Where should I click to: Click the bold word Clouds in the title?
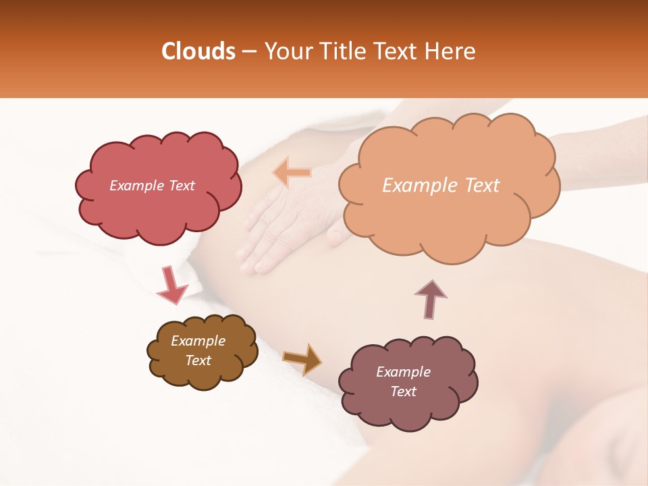click(x=198, y=51)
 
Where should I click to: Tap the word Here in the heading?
click(x=450, y=51)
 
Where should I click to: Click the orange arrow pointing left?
click(x=292, y=173)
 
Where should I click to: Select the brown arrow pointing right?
click(x=302, y=359)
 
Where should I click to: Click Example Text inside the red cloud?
click(x=152, y=186)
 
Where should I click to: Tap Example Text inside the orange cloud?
click(x=441, y=186)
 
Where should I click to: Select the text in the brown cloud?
click(x=198, y=350)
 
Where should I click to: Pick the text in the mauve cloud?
click(x=403, y=381)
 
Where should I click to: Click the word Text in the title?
click(x=396, y=51)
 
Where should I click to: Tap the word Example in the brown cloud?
click(x=198, y=341)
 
